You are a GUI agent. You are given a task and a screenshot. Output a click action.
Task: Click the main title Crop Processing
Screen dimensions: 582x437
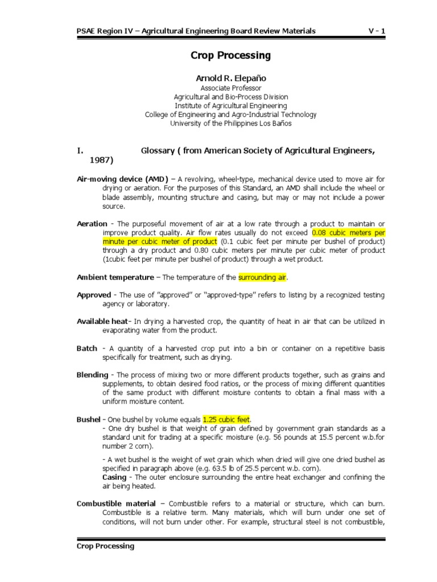(x=230, y=56)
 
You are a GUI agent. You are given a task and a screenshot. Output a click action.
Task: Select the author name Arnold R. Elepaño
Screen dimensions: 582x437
(x=230, y=78)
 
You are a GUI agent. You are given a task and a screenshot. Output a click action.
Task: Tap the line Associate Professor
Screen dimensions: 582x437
(x=230, y=88)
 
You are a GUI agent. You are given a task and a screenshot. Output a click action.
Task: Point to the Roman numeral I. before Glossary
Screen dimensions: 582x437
(x=80, y=151)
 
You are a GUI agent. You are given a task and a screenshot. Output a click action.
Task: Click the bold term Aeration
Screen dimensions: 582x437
(x=92, y=224)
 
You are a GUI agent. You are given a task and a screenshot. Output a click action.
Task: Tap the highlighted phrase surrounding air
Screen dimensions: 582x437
(x=263, y=277)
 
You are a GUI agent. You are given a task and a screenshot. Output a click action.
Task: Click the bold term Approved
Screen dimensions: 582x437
(x=94, y=295)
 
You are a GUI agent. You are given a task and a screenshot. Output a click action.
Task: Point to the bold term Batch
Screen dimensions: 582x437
(x=87, y=348)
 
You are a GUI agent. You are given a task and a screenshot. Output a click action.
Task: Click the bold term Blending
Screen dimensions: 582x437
(x=92, y=375)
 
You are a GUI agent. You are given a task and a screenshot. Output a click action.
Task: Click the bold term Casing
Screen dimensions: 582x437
(x=114, y=477)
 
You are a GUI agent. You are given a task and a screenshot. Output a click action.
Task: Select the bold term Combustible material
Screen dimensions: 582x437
(x=116, y=504)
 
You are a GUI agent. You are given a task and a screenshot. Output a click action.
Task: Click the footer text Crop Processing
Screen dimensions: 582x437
(x=106, y=546)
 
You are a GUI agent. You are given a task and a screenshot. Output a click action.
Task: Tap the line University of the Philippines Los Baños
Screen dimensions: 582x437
(x=230, y=123)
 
